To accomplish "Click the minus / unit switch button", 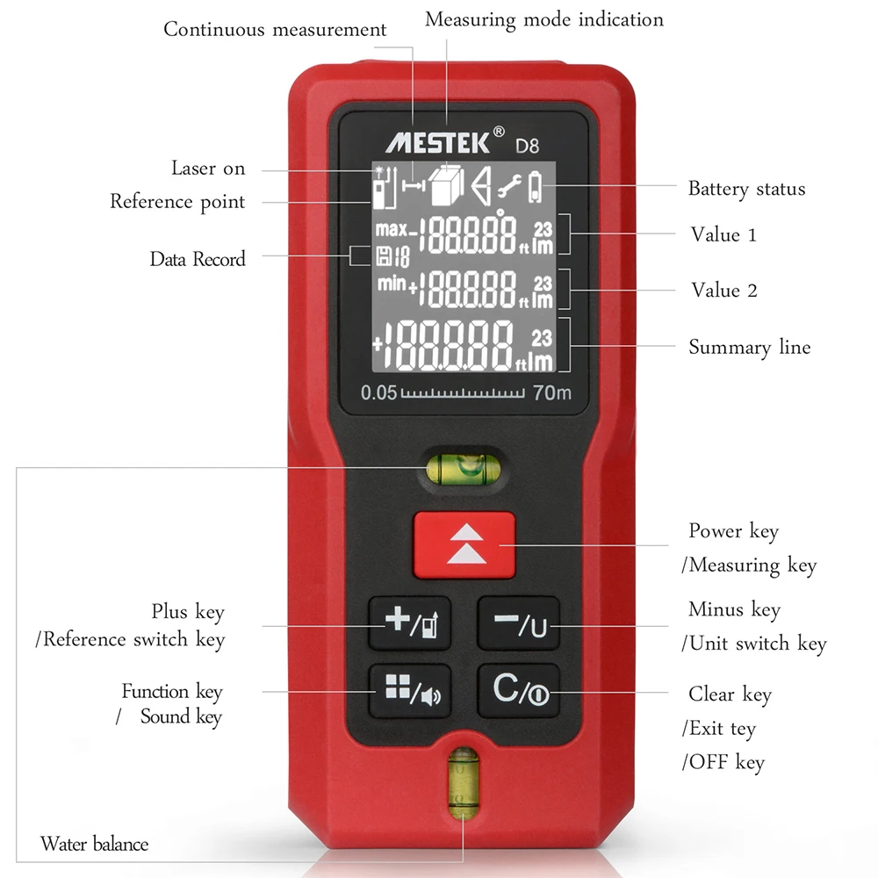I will coord(518,623).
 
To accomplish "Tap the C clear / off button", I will coord(518,690).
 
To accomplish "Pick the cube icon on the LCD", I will coord(447,185).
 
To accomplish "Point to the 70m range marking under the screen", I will coord(551,392).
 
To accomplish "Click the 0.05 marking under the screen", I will coord(379,392).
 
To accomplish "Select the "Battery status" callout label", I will coord(745,189).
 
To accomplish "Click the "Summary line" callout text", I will coord(749,347).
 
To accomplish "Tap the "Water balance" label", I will coord(94,845).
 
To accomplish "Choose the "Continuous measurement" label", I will coord(275,29).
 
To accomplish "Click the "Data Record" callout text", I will coord(198,259).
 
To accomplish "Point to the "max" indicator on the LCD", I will coord(391,230).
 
